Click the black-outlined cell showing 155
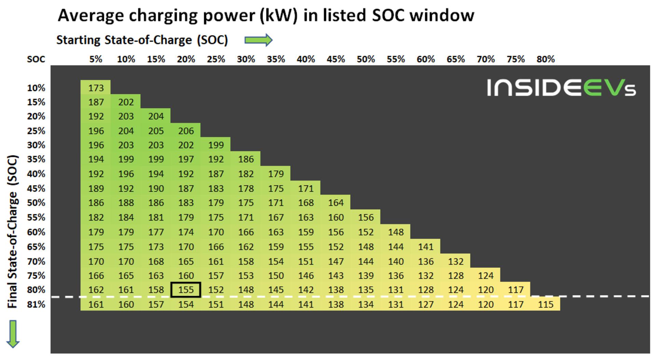click(186, 290)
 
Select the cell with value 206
click(186, 131)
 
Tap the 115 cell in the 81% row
click(545, 304)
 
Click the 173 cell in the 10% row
click(96, 88)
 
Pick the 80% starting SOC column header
click(545, 59)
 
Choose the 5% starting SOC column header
click(96, 59)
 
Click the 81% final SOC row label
click(36, 304)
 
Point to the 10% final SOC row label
click(36, 88)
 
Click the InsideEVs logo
click(561, 88)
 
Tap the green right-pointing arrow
click(259, 40)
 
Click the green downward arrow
click(13, 334)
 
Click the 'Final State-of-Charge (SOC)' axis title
click(13, 232)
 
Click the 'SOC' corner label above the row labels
click(36, 59)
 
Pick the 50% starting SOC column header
click(366, 59)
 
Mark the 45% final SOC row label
click(36, 188)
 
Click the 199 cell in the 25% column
click(216, 145)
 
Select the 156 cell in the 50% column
click(366, 217)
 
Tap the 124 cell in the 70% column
click(486, 275)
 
